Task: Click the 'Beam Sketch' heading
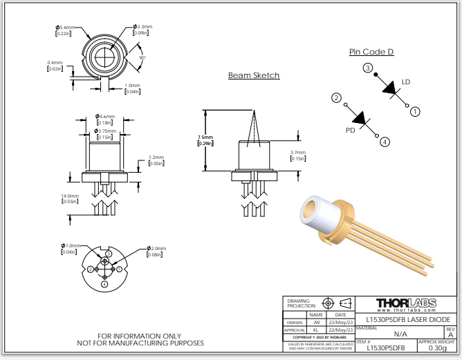[x=254, y=75]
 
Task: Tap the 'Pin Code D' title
[x=371, y=52]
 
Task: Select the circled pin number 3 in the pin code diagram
[x=368, y=68]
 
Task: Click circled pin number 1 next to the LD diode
[x=415, y=111]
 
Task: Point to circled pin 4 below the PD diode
[x=385, y=142]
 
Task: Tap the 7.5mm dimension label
[x=205, y=137]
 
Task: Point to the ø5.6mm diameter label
[x=66, y=27]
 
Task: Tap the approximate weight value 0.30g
[x=437, y=348]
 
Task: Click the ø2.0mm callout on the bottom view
[x=158, y=248]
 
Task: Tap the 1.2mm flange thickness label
[x=157, y=157]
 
